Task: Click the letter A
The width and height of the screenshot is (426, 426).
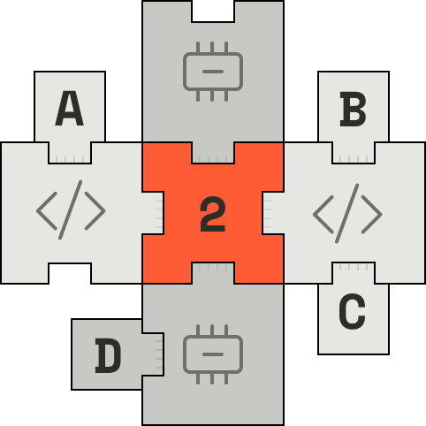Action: (70, 109)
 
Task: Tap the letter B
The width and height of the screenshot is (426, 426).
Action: (354, 109)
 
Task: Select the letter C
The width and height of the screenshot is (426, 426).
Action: (353, 311)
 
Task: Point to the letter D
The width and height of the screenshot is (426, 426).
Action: (108, 355)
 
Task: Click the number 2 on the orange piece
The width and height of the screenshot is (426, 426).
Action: (213, 214)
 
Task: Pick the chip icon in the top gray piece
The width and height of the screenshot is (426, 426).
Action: (213, 72)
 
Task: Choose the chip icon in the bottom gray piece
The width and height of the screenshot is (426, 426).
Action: (213, 354)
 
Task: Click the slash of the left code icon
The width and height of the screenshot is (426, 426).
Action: (71, 209)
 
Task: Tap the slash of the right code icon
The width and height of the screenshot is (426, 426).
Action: (347, 214)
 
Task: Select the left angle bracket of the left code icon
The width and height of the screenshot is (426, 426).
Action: (47, 210)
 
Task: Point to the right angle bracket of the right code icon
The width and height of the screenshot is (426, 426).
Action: (372, 215)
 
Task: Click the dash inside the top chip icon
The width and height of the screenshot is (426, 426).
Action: (213, 72)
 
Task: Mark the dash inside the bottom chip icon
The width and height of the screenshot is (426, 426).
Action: (213, 354)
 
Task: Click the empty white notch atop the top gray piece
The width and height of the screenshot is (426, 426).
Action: (213, 11)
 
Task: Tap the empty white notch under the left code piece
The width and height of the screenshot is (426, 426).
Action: (70, 273)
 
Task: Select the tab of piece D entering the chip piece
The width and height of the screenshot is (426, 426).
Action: (153, 354)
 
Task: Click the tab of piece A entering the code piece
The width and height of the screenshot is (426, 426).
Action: (70, 153)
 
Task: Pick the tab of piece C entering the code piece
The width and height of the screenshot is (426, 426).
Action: (354, 273)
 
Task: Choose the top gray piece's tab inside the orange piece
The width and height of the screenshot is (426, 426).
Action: (213, 153)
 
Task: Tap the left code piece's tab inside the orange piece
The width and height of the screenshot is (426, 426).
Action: (153, 213)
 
